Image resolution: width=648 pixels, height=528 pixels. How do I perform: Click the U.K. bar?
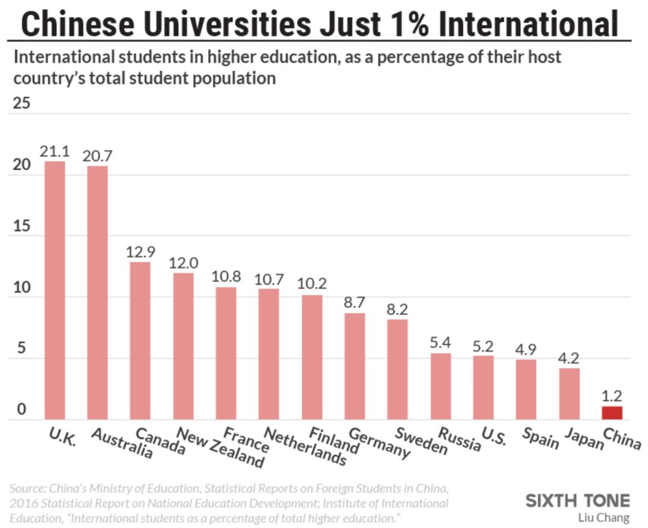coord(55,291)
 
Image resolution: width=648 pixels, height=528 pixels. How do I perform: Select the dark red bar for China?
coord(611,413)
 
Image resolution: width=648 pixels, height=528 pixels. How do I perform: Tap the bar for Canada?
coord(140,341)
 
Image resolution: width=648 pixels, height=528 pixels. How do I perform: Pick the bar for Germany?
coord(355,366)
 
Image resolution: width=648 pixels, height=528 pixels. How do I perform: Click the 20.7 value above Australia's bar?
coord(98,156)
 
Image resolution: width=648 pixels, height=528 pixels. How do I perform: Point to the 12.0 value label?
coord(184,263)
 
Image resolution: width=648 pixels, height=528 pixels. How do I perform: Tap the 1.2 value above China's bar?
coord(611,396)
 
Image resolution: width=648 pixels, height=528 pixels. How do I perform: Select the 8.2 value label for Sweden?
coord(397,309)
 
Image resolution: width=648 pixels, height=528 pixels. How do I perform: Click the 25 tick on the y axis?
coord(22,104)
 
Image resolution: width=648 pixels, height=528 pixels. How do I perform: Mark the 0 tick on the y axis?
coord(22,410)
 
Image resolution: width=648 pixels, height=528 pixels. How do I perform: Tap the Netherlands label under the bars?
coord(305,447)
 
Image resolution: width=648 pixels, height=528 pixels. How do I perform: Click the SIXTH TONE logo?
coord(578,500)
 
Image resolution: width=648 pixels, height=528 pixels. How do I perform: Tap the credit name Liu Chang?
coord(604,517)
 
